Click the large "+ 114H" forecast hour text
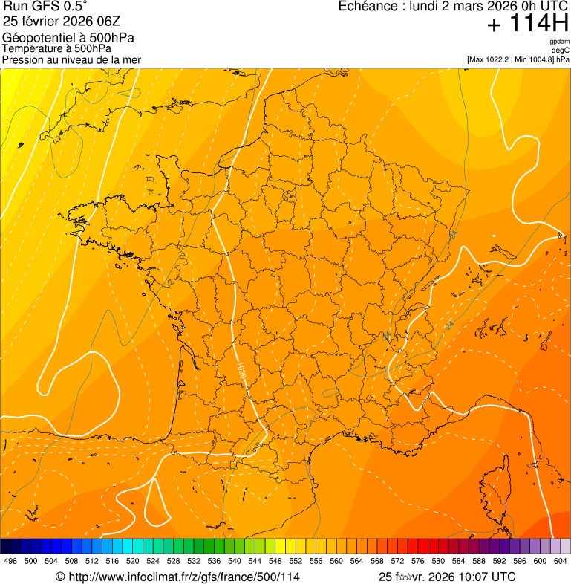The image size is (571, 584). tap(527, 25)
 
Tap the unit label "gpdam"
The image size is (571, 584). tap(559, 42)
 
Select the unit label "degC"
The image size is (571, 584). tap(561, 50)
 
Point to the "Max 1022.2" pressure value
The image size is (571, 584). tap(490, 59)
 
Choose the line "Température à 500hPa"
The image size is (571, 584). tap(56, 48)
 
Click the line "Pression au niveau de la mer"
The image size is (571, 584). tap(71, 59)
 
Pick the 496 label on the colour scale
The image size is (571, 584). tap(10, 562)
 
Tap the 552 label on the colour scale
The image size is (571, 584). tap(296, 562)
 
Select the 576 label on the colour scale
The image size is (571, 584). tap(418, 562)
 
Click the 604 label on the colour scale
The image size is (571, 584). tap(561, 562)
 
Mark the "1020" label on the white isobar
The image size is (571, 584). tap(242, 369)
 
